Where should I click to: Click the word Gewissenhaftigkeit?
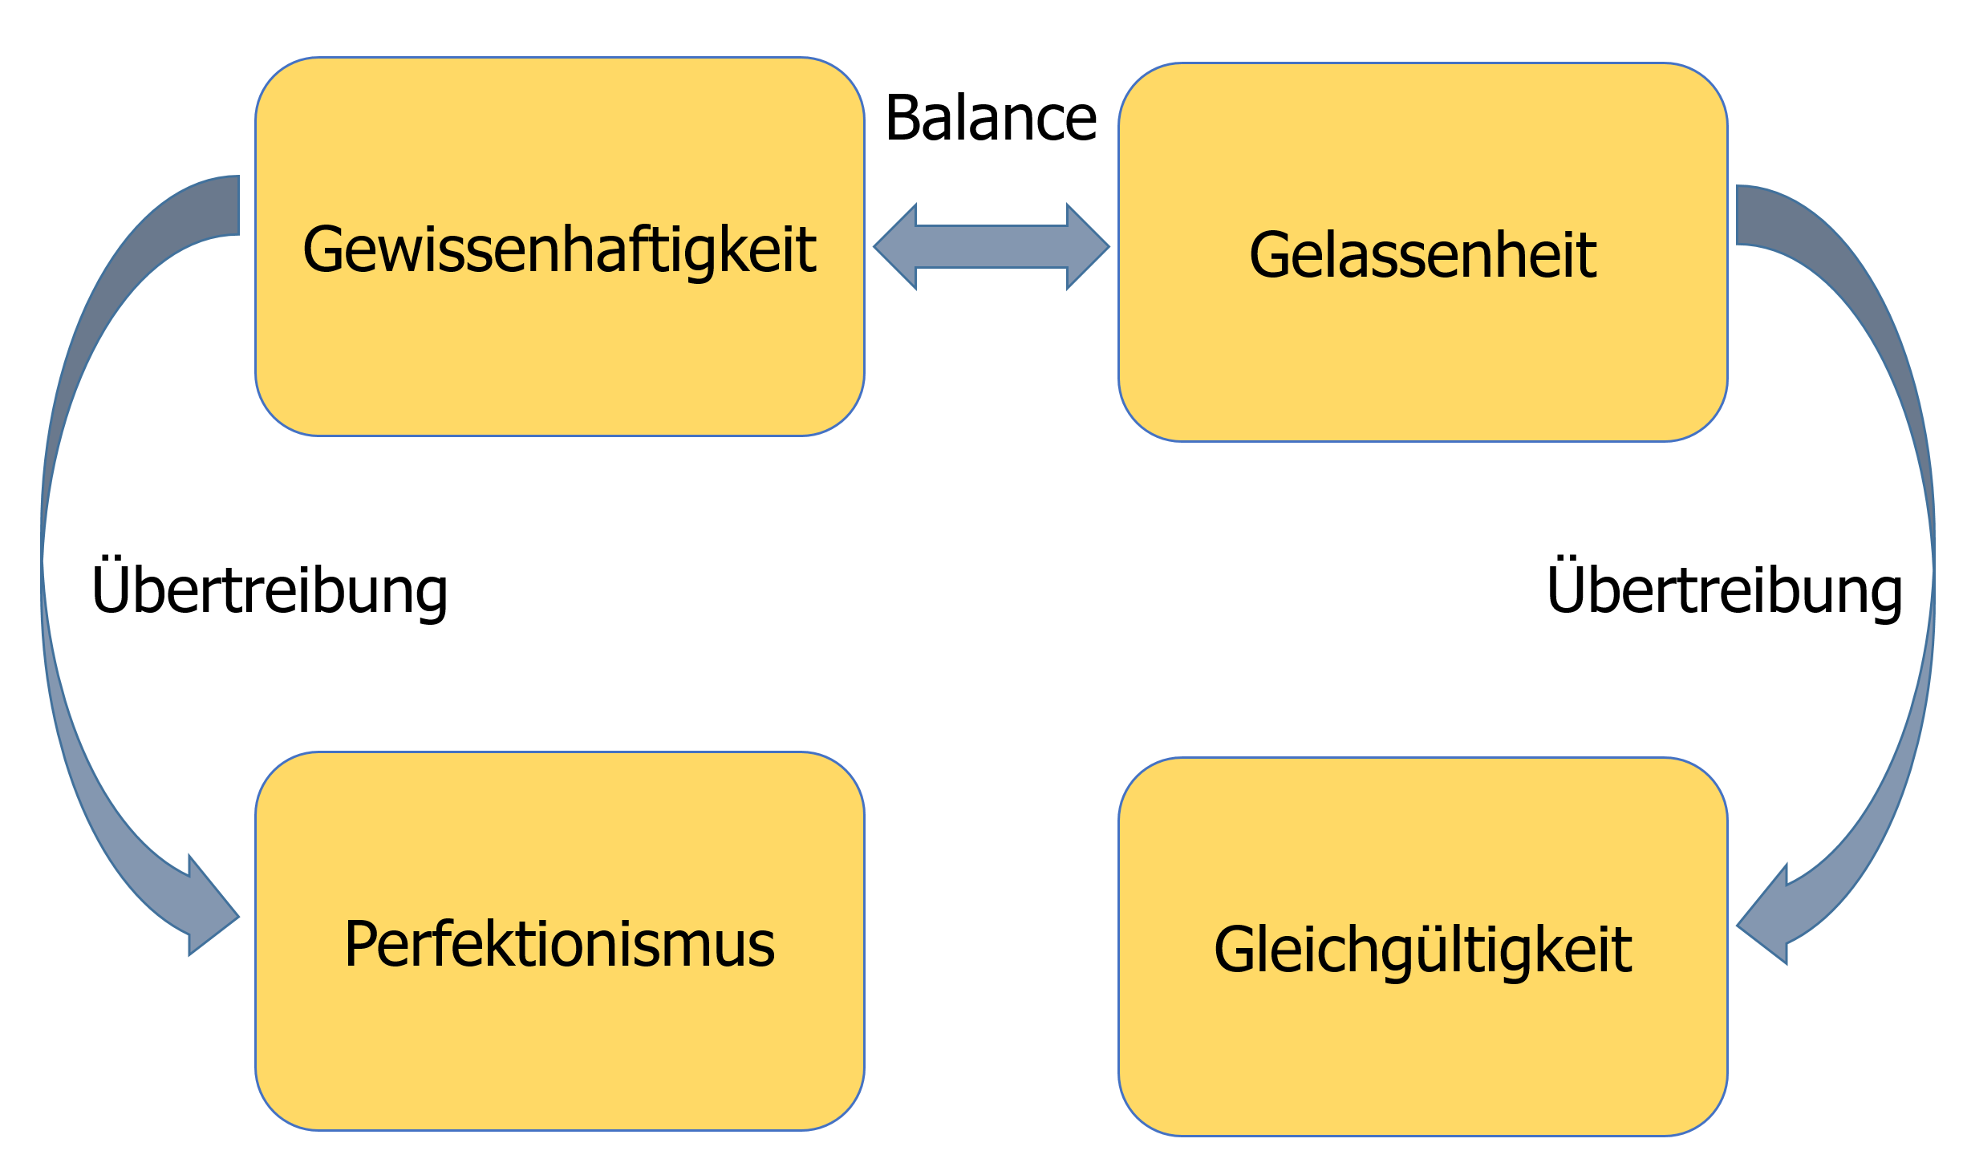click(559, 249)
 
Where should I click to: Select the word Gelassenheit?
click(1422, 255)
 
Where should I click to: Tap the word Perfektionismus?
click(559, 944)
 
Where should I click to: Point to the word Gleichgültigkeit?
click(1422, 950)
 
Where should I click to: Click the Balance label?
click(991, 119)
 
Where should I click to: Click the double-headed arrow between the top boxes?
click(992, 246)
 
